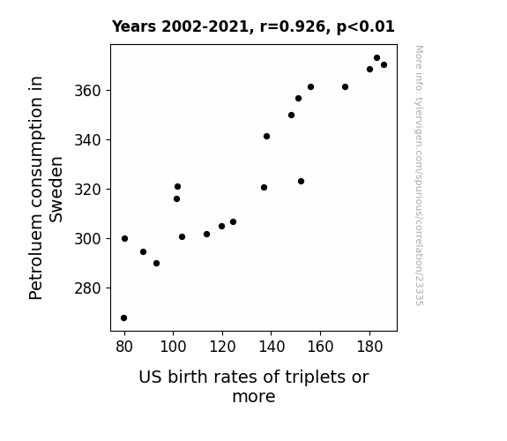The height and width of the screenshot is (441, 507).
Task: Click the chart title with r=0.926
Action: click(x=253, y=26)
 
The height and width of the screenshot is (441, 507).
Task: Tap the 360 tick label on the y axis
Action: click(x=88, y=91)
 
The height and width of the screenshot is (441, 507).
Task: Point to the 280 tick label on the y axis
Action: click(x=88, y=288)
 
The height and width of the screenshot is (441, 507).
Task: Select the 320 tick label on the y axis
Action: click(x=88, y=190)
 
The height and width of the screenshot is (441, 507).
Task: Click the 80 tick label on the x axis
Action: click(x=124, y=347)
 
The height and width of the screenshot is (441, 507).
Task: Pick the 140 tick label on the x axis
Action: click(x=272, y=347)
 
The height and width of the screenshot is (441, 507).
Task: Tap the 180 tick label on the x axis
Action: click(x=369, y=347)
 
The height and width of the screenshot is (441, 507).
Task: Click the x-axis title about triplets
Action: click(x=254, y=386)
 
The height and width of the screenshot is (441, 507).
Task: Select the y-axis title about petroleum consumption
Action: click(x=46, y=188)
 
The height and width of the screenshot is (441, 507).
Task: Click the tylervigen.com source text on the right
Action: click(x=419, y=176)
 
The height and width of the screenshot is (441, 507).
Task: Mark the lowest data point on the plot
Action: click(x=123, y=318)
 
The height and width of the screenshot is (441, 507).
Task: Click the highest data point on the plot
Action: click(x=377, y=58)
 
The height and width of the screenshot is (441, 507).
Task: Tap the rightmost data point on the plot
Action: click(x=384, y=65)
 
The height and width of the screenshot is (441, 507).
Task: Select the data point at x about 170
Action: click(x=345, y=87)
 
